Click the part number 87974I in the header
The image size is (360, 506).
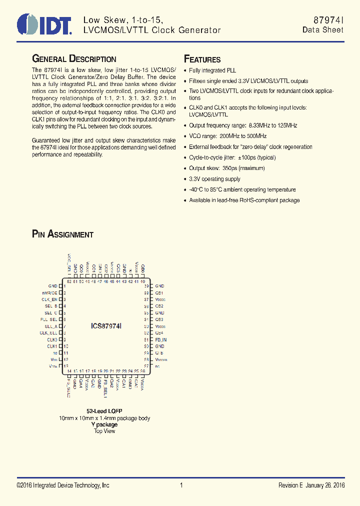328,19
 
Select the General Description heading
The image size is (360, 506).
74,59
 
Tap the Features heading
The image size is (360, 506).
202,59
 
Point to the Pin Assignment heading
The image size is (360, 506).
62,234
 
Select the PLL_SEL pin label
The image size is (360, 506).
49,319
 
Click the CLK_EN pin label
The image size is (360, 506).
49,299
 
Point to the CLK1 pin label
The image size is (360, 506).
52,346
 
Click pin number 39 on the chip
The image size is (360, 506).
146,286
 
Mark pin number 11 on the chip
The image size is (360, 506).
66,353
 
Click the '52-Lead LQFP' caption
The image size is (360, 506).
104,411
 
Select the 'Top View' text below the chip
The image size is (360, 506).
104,431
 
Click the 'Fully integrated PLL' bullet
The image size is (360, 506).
212,70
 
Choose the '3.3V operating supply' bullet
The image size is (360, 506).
214,179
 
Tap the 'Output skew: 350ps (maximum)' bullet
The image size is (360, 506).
226,168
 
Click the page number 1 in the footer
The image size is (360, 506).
181,485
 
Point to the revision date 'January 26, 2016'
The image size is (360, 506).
326,485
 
